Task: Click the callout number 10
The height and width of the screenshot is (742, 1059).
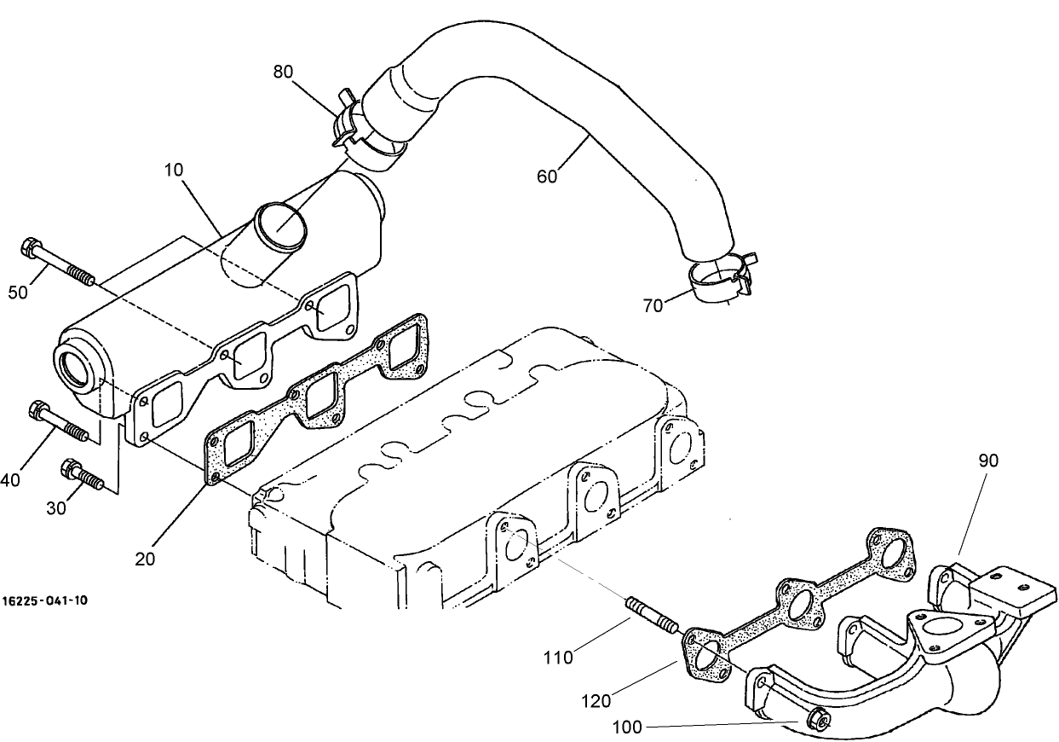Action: (174, 170)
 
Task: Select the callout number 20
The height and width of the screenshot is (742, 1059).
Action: (146, 559)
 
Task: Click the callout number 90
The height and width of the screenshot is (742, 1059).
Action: (988, 461)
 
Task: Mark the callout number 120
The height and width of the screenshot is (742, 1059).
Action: (596, 701)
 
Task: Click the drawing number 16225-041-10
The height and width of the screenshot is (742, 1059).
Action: (44, 600)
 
